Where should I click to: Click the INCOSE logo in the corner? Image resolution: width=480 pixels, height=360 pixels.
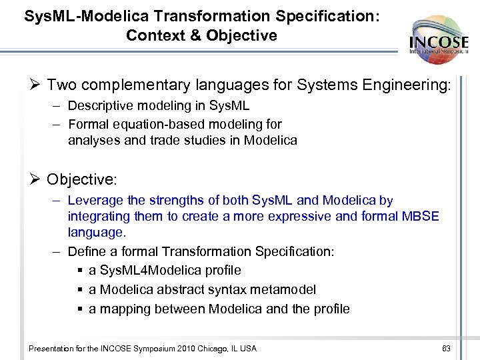439,39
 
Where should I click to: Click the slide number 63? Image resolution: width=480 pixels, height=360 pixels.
446,349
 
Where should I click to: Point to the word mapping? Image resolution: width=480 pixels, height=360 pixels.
127,309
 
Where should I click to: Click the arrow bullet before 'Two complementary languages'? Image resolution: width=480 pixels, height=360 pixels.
36,85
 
